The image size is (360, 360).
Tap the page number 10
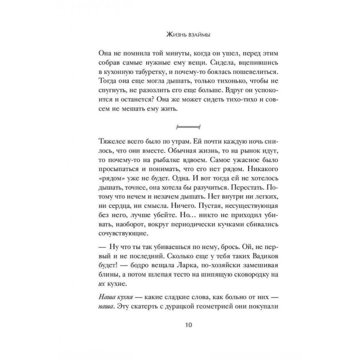click(x=180, y=325)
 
